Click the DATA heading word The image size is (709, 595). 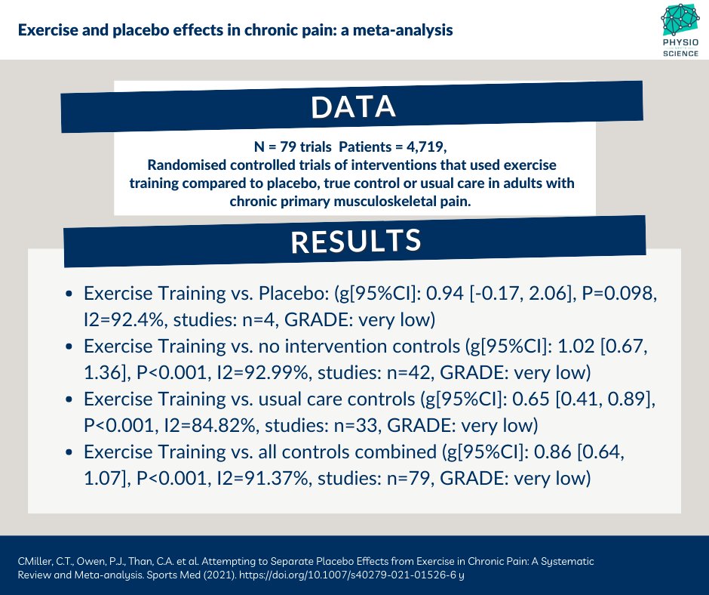tap(354, 108)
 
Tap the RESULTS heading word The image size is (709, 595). tap(355, 241)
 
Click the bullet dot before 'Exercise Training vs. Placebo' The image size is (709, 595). tap(69, 294)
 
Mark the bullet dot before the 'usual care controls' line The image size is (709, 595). tap(69, 399)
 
